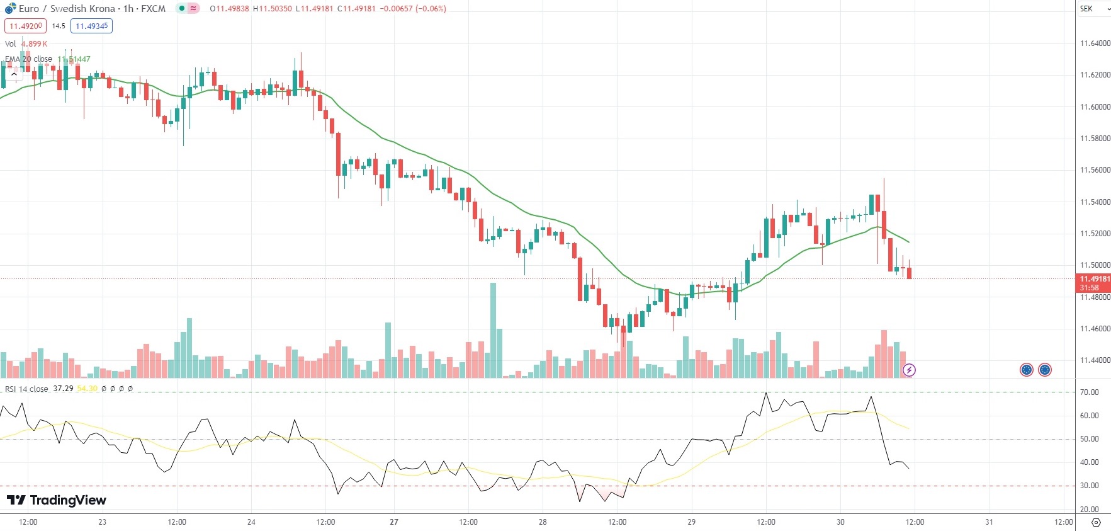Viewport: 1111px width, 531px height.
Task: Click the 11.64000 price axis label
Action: pyautogui.click(x=1095, y=43)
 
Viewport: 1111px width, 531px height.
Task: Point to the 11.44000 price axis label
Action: pyautogui.click(x=1095, y=360)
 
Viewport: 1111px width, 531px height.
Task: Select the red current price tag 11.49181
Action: pyautogui.click(x=1095, y=279)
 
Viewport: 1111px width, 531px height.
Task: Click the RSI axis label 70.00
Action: pyautogui.click(x=1089, y=392)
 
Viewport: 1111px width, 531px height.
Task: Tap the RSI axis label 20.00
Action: pyautogui.click(x=1089, y=509)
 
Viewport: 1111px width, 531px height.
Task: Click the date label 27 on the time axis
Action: pyautogui.click(x=394, y=522)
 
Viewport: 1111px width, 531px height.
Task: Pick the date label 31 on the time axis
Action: pyautogui.click(x=989, y=522)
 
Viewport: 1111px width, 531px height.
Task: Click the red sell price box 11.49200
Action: pyautogui.click(x=25, y=26)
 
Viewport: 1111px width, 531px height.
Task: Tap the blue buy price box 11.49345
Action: pyautogui.click(x=91, y=26)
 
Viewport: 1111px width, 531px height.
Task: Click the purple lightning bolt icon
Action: pyautogui.click(x=909, y=370)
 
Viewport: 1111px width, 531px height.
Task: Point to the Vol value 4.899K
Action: pyautogui.click(x=34, y=43)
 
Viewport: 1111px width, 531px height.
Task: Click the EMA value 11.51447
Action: pyautogui.click(x=74, y=59)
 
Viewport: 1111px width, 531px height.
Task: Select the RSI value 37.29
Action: pyautogui.click(x=63, y=389)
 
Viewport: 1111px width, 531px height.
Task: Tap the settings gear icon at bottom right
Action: pyautogui.click(x=1096, y=522)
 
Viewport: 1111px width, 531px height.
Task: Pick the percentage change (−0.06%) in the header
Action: pyautogui.click(x=431, y=9)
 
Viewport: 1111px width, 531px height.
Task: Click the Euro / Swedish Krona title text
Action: pyautogui.click(x=67, y=9)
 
